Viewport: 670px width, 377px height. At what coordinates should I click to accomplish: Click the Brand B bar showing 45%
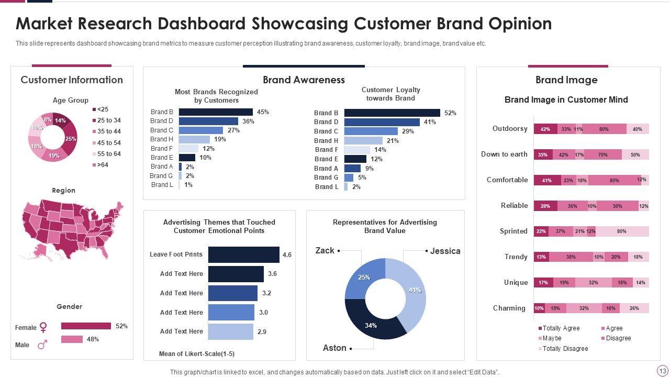point(216,112)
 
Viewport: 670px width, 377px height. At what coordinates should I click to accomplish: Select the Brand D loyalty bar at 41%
point(382,122)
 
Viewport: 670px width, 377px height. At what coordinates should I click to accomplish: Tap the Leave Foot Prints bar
point(243,254)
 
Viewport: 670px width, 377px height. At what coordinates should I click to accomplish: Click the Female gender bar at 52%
point(86,326)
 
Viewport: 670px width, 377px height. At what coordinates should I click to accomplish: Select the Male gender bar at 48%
point(72,339)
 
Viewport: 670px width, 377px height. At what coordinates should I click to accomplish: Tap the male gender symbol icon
point(43,345)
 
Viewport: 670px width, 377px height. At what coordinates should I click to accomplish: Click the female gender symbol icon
point(43,327)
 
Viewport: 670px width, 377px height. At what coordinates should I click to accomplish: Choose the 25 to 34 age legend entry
point(108,120)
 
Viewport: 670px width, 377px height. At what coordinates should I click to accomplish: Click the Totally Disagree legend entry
point(565,349)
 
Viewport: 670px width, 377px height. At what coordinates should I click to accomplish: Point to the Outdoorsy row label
point(510,129)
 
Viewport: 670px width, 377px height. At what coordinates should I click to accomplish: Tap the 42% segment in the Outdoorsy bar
point(545,129)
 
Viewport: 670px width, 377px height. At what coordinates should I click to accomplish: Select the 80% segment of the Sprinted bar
point(622,231)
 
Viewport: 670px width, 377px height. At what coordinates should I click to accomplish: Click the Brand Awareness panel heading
point(304,80)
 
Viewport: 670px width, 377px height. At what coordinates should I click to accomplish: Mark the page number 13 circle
point(662,370)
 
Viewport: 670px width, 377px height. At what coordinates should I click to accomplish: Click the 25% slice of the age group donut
point(71,139)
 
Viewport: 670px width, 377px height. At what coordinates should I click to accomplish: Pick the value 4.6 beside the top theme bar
point(287,255)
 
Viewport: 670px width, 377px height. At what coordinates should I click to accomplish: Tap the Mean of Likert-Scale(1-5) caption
point(197,354)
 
